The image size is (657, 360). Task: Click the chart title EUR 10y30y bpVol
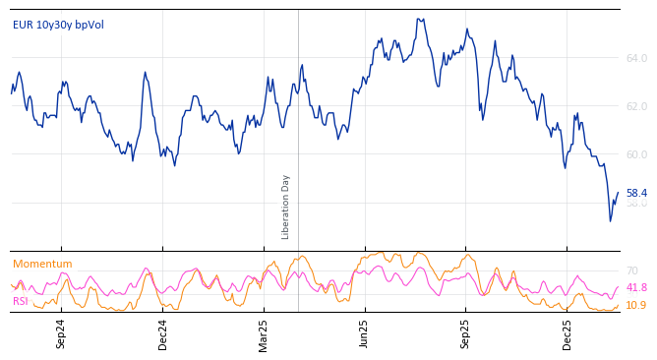click(x=58, y=25)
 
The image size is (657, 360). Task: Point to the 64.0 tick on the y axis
click(x=636, y=59)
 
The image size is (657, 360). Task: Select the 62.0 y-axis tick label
click(x=636, y=106)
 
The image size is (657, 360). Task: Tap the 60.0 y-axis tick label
click(x=636, y=154)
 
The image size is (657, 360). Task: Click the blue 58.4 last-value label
click(x=636, y=194)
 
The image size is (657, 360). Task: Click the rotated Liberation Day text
click(x=286, y=207)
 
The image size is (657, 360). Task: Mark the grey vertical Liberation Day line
click(x=298, y=128)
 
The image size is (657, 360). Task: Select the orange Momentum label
click(x=42, y=264)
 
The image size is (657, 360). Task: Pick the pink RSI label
click(x=21, y=301)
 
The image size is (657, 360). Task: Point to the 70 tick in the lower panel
click(x=632, y=270)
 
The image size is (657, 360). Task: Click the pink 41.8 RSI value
click(x=636, y=288)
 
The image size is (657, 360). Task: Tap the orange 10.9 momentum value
click(x=636, y=306)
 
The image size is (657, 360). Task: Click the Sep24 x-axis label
click(x=61, y=333)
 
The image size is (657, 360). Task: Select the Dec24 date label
click(x=163, y=333)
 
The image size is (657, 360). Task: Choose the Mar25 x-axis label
click(x=264, y=333)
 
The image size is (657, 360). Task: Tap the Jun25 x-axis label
click(x=365, y=333)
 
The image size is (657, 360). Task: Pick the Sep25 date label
click(x=466, y=333)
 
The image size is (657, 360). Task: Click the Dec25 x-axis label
click(x=567, y=333)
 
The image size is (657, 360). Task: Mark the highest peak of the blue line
click(x=419, y=19)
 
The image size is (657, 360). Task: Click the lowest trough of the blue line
click(x=610, y=220)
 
